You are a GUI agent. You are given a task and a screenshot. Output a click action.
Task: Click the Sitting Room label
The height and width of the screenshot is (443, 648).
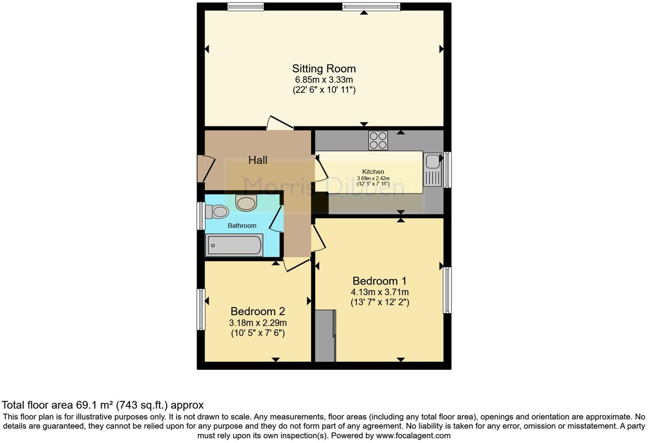click(x=324, y=69)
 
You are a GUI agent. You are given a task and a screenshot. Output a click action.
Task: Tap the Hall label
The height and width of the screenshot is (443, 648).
click(x=257, y=160)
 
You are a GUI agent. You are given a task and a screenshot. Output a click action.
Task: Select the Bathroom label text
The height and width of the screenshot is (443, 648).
click(x=242, y=226)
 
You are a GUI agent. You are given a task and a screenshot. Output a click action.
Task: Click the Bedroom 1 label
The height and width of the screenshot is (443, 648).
click(x=379, y=281)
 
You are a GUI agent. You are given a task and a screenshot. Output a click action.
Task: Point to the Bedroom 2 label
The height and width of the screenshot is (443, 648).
click(x=257, y=311)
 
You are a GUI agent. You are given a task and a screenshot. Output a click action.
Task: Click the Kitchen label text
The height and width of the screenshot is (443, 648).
click(x=373, y=172)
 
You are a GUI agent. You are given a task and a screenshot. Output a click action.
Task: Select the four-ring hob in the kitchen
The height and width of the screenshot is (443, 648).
click(x=378, y=140)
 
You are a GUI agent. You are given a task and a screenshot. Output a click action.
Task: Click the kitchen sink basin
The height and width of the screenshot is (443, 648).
click(x=432, y=161)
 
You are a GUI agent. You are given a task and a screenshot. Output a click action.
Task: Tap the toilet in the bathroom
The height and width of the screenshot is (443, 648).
click(x=217, y=211)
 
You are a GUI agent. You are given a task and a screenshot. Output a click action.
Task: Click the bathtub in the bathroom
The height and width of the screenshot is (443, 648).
click(x=234, y=245)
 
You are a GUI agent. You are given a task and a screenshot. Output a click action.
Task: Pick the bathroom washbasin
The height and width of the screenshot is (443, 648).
click(x=246, y=203)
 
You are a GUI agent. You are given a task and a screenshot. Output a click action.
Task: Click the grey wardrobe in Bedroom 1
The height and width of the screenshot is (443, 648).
click(x=325, y=336)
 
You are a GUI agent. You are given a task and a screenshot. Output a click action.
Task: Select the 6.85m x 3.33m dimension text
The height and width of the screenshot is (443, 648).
click(x=324, y=80)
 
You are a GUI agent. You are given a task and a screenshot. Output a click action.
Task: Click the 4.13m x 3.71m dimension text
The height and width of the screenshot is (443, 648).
click(x=379, y=292)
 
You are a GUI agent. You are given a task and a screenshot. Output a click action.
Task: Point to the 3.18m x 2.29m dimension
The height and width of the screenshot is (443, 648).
click(x=257, y=322)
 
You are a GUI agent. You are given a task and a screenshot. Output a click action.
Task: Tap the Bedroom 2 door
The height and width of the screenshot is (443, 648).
click(x=296, y=264)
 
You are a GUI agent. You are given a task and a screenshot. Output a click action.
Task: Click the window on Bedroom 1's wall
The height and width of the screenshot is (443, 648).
click(x=447, y=290)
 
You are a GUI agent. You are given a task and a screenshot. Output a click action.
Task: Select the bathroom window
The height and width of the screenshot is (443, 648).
click(x=200, y=216)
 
